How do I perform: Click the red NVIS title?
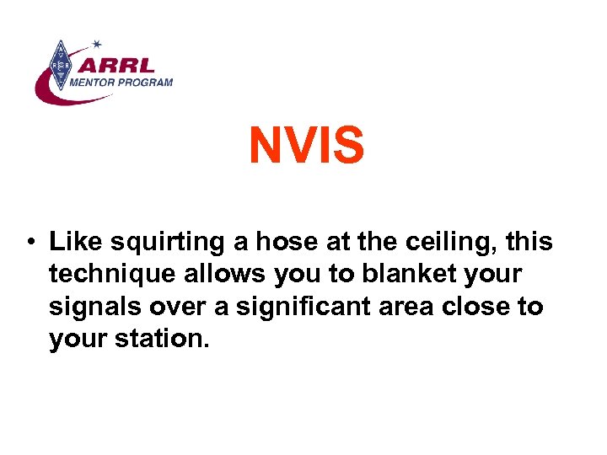click(306, 146)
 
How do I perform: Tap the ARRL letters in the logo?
click(123, 66)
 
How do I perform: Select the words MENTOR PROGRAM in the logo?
click(121, 83)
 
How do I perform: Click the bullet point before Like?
click(30, 244)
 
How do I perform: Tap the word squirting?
click(157, 243)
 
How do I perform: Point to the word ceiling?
click(455, 243)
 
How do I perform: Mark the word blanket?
click(405, 274)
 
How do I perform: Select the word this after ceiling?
click(531, 242)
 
